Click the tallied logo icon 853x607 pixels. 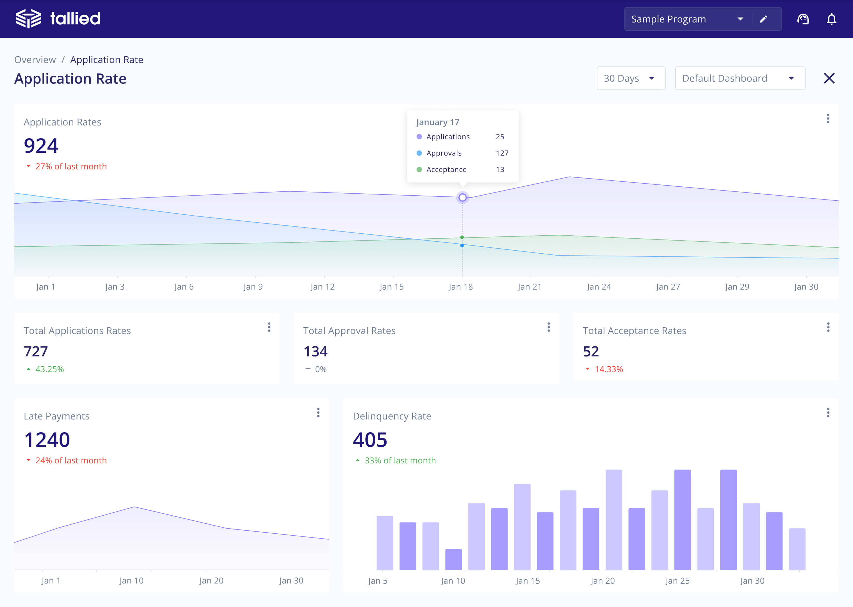[28, 18]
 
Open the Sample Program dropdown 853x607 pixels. [688, 19]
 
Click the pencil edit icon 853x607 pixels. [763, 19]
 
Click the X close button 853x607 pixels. [829, 78]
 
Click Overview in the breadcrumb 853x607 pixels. [35, 60]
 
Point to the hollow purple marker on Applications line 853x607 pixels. [462, 197]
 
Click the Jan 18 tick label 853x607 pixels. [461, 287]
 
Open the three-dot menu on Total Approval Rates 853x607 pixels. [548, 328]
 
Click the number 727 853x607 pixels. [36, 351]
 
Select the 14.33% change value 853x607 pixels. [609, 369]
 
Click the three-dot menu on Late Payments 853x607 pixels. [318, 413]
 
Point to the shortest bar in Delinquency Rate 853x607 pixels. [454, 559]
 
